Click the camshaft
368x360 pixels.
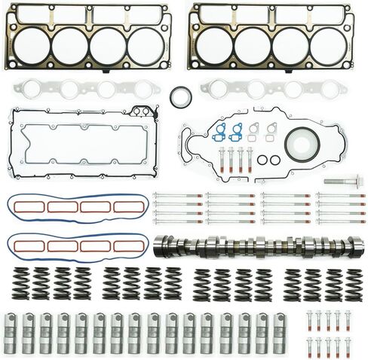[256, 246]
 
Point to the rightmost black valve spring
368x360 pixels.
[351, 282]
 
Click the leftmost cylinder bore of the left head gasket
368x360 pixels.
[32, 45]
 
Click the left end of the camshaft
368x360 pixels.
[160, 246]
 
